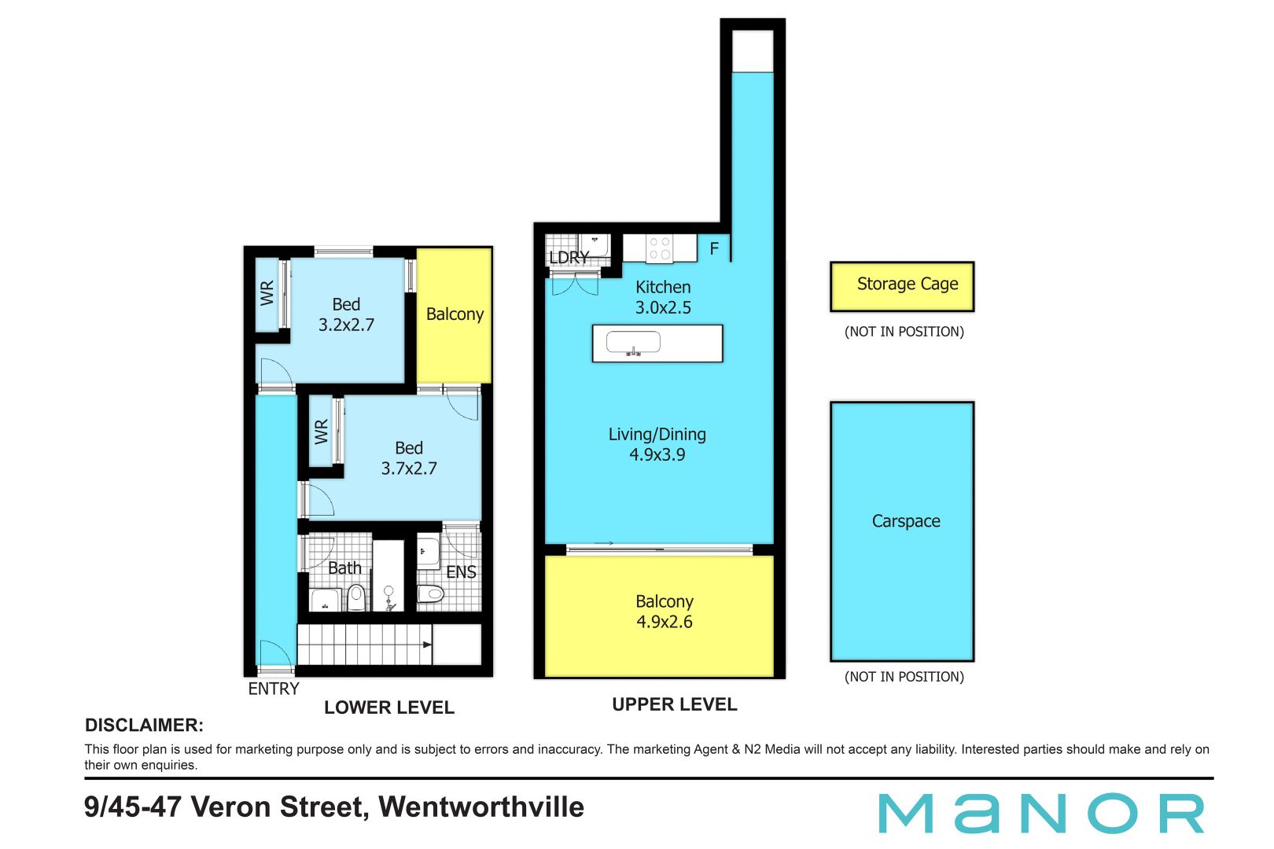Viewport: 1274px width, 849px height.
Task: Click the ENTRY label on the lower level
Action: pyautogui.click(x=274, y=689)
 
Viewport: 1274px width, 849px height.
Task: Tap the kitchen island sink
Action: pyautogui.click(x=633, y=344)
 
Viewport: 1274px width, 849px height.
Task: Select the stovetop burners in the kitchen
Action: pyautogui.click(x=660, y=248)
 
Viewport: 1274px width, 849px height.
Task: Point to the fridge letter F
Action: pyautogui.click(x=714, y=248)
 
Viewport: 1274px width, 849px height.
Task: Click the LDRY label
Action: pyautogui.click(x=569, y=257)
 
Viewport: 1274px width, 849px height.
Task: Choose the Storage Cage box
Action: pyautogui.click(x=902, y=286)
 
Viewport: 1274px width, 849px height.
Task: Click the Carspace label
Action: pyautogui.click(x=906, y=521)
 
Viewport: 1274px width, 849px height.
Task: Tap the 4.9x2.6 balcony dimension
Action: pyautogui.click(x=665, y=622)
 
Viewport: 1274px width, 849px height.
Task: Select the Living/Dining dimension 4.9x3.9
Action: pyautogui.click(x=657, y=454)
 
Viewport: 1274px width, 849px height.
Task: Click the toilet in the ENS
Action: pyautogui.click(x=430, y=594)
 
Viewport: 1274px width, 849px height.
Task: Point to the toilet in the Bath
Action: pyautogui.click(x=357, y=597)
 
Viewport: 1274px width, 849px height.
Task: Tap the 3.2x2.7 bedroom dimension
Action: pyautogui.click(x=346, y=325)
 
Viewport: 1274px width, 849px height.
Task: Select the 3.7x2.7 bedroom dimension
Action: pyautogui.click(x=409, y=469)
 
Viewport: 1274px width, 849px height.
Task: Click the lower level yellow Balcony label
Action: pyautogui.click(x=455, y=314)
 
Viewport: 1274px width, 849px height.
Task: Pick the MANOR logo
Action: pyautogui.click(x=1041, y=813)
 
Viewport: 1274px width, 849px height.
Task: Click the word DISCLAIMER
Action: pyautogui.click(x=144, y=725)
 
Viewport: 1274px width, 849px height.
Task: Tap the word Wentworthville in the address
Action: pyautogui.click(x=481, y=807)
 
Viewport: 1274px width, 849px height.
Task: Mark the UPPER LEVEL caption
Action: pyautogui.click(x=675, y=704)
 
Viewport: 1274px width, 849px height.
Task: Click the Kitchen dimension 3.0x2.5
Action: pyautogui.click(x=663, y=307)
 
